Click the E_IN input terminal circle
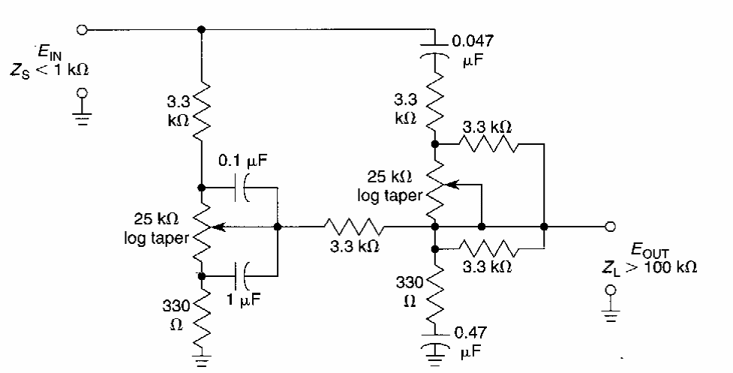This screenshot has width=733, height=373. coord(82,29)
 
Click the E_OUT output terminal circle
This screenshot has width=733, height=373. coord(611,225)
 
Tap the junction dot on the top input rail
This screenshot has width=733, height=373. coord(200,29)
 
